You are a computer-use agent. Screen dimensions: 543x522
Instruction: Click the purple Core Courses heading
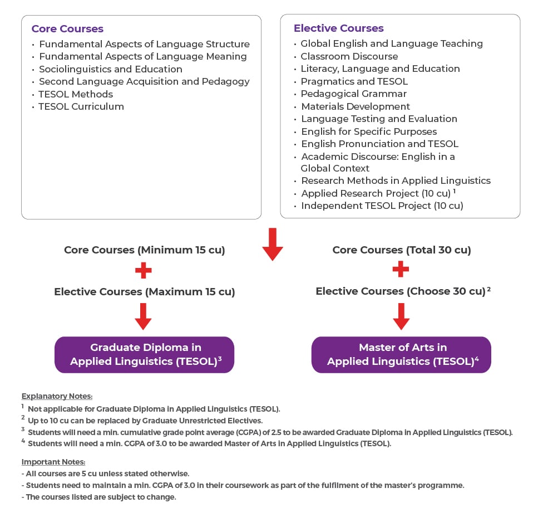67,29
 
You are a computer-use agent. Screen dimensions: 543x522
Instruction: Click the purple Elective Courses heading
339,28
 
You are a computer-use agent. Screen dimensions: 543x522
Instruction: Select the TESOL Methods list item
76,94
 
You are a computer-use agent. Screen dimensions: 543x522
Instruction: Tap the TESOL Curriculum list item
81,106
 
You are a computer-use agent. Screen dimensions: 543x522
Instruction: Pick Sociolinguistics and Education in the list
111,69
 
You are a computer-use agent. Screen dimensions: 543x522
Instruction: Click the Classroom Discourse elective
349,56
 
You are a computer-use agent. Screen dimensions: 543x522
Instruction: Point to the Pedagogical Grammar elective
354,94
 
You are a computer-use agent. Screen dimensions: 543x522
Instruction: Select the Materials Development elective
356,106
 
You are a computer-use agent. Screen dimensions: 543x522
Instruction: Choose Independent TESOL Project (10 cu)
382,206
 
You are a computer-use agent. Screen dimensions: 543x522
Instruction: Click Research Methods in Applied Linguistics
396,180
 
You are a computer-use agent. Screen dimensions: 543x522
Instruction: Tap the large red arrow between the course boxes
273,244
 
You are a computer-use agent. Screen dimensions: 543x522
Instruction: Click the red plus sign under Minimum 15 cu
144,271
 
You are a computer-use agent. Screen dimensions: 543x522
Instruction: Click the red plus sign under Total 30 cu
401,269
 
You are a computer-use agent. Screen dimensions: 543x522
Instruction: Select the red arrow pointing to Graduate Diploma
143,316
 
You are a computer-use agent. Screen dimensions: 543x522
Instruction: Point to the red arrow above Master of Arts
401,316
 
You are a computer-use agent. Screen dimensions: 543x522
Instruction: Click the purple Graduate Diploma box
145,354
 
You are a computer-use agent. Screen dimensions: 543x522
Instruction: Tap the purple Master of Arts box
401,354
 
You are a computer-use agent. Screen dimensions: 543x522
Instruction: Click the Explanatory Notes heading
57,396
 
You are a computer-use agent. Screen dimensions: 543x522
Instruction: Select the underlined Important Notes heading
53,462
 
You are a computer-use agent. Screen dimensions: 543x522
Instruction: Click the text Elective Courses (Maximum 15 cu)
145,292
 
